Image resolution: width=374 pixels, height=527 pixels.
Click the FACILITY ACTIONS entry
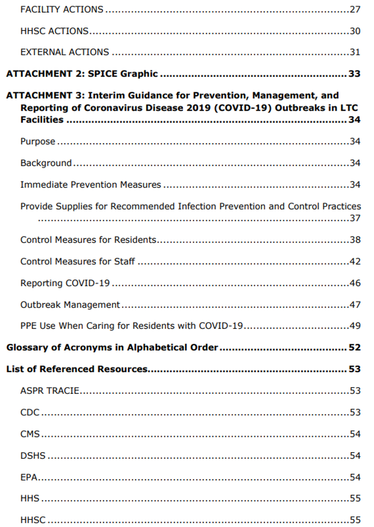click(x=62, y=9)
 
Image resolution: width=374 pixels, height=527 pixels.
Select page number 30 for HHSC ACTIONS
click(x=355, y=31)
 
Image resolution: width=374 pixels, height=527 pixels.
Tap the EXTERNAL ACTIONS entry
click(x=64, y=52)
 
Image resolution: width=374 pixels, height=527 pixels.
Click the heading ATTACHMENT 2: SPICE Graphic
click(x=82, y=74)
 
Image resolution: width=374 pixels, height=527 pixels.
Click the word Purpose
click(x=37, y=141)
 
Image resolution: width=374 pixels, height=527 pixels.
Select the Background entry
click(x=46, y=163)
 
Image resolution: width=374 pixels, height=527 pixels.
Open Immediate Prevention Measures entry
click(x=91, y=185)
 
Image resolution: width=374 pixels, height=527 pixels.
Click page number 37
click(x=355, y=218)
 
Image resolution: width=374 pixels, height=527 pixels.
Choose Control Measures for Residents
click(x=89, y=240)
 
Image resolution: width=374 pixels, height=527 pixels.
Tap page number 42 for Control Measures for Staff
click(x=355, y=261)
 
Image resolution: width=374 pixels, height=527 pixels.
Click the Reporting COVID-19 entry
click(x=65, y=283)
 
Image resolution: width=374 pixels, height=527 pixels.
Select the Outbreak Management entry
click(x=70, y=305)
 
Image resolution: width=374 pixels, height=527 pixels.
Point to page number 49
click(x=355, y=326)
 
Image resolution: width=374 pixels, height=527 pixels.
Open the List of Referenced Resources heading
click(x=77, y=369)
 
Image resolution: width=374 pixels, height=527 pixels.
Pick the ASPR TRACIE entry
click(x=50, y=391)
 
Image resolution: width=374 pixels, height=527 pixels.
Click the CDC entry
click(x=30, y=413)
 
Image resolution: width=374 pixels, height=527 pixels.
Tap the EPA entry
click(x=29, y=477)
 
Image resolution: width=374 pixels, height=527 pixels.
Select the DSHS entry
click(x=32, y=455)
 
